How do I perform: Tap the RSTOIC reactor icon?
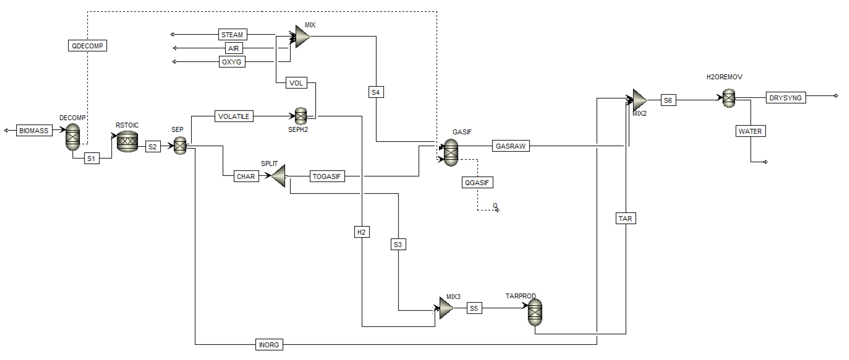coord(127,141)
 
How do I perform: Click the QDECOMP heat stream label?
coord(87,46)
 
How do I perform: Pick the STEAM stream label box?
coord(232,35)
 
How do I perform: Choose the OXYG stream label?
coord(232,62)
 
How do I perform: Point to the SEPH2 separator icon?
coord(300,116)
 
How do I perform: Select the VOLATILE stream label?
coord(234,116)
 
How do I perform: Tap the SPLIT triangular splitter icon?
coord(279,176)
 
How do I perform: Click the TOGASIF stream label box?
coord(327,176)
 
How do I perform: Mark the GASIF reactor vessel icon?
coord(451,152)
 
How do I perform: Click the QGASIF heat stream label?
coord(477,183)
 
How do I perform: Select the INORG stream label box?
coord(269,345)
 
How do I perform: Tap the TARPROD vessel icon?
coord(535,312)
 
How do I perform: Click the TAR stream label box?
coord(625,219)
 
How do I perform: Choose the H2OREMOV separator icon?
coord(729,98)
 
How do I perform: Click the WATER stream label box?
coord(750,131)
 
